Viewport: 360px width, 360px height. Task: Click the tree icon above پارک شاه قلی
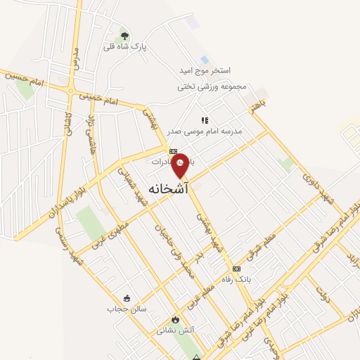click(x=124, y=36)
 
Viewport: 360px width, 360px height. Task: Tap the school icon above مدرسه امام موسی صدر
click(x=205, y=120)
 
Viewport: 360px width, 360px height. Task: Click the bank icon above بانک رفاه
click(x=236, y=269)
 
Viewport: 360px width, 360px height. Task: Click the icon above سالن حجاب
click(x=126, y=297)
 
